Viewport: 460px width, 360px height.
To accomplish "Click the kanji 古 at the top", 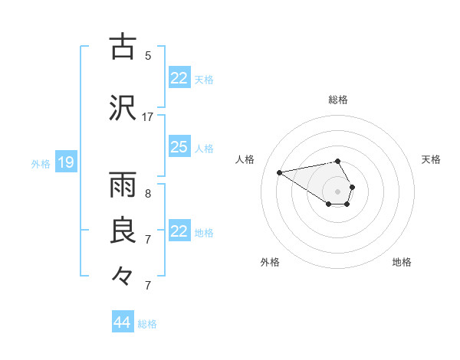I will click(123, 47).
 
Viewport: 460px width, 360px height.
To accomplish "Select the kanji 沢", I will click(123, 108).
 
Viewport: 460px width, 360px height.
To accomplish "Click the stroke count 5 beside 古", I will click(148, 56).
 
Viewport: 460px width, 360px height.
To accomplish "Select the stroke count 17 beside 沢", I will click(148, 117).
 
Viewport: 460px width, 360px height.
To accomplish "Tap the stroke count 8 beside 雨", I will click(148, 194).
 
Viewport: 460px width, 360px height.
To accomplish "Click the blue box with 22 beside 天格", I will click(179, 77).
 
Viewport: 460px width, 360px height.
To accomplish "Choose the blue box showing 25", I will click(179, 146).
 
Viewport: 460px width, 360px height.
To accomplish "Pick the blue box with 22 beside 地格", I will click(179, 231).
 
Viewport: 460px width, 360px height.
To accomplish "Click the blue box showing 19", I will click(66, 162).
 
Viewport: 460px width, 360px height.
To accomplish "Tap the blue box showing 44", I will click(123, 322).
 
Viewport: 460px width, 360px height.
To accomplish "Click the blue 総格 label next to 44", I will click(148, 324).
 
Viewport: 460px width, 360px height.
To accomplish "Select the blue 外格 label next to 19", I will click(41, 163).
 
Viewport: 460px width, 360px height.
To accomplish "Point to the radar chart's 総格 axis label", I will click(337, 100).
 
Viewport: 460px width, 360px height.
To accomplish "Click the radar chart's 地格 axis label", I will click(402, 263).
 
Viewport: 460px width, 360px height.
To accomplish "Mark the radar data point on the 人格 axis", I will click(280, 172).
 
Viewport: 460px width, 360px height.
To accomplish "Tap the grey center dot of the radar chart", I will click(337, 191).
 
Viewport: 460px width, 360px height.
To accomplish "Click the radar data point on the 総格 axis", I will click(337, 162).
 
